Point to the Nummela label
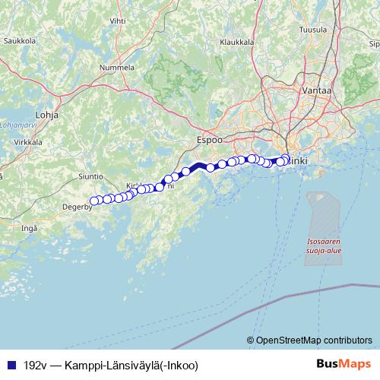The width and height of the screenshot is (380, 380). click(118, 68)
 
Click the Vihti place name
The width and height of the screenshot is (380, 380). click(118, 21)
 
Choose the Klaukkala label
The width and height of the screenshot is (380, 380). click(236, 43)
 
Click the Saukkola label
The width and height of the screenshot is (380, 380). click(21, 40)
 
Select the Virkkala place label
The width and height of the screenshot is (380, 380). click(27, 142)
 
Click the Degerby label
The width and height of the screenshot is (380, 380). click(77, 204)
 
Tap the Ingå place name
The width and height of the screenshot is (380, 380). click(30, 227)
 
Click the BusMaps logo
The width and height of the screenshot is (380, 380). click(344, 364)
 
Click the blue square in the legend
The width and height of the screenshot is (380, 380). click(9, 365)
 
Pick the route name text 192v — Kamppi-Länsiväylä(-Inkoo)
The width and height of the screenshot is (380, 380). click(110, 365)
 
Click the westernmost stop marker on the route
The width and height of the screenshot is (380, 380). click(94, 201)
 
